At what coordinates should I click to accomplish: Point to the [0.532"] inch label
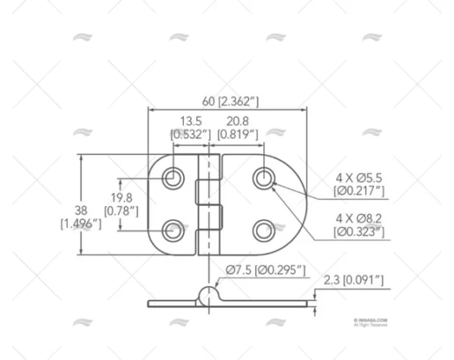pos(190,135)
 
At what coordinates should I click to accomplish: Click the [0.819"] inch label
pos(238,135)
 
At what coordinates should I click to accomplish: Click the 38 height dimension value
pos(80,209)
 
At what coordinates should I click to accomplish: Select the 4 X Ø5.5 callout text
pos(359,178)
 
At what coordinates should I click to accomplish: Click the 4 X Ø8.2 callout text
pos(359,218)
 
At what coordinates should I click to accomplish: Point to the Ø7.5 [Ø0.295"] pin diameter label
pos(264,270)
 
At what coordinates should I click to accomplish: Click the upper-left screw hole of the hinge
pos(174,179)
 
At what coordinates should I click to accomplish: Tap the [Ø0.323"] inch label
pos(359,231)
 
